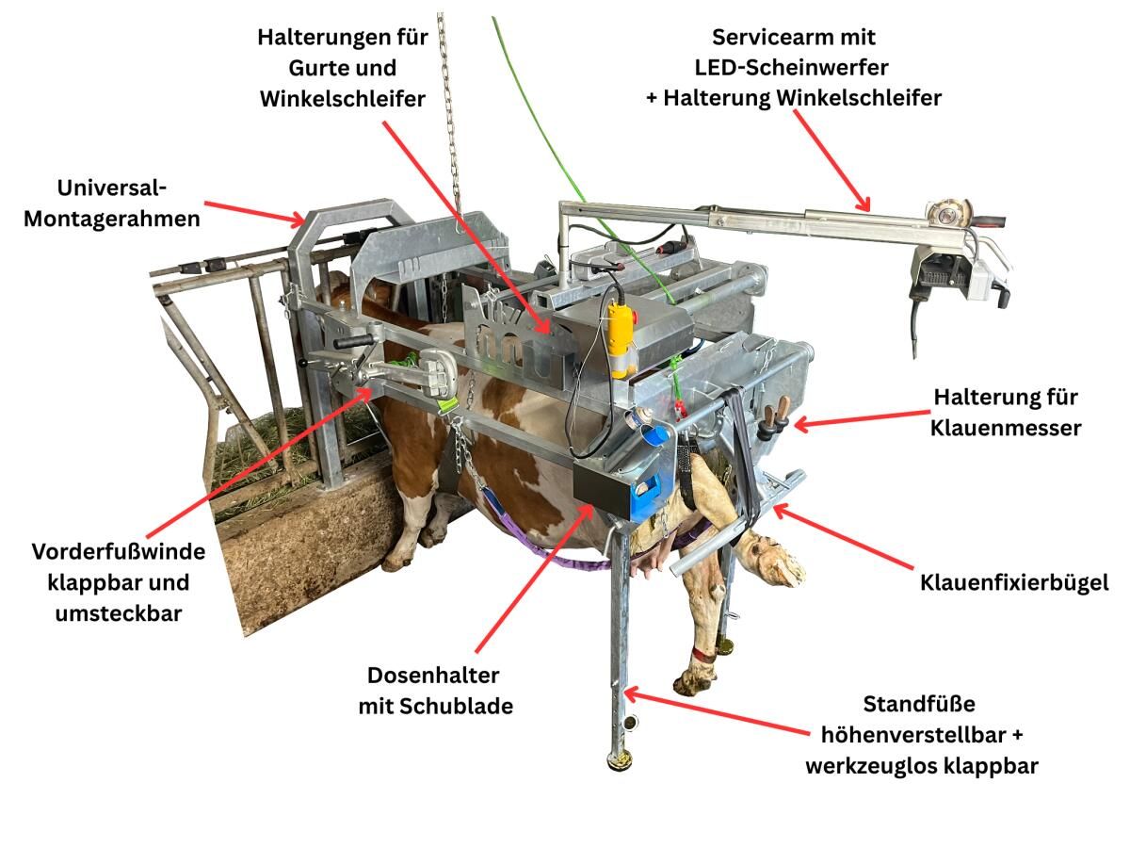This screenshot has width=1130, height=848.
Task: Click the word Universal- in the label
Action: coord(112,188)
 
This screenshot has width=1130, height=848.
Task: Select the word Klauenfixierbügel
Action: coord(1014,583)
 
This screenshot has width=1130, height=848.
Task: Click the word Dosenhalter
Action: coord(433,676)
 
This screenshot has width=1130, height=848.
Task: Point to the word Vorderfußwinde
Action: coord(119,552)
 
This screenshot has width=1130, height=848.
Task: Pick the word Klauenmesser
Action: coord(1006,429)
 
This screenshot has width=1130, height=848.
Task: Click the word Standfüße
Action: coord(919,705)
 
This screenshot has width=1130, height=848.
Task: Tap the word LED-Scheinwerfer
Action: coord(791,68)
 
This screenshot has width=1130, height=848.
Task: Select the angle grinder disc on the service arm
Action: coord(945,214)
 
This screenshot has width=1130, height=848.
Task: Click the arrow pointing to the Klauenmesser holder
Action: coord(863,419)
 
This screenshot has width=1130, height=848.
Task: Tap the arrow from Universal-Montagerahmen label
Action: coord(255,213)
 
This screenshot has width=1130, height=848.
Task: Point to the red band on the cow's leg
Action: coord(703,657)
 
